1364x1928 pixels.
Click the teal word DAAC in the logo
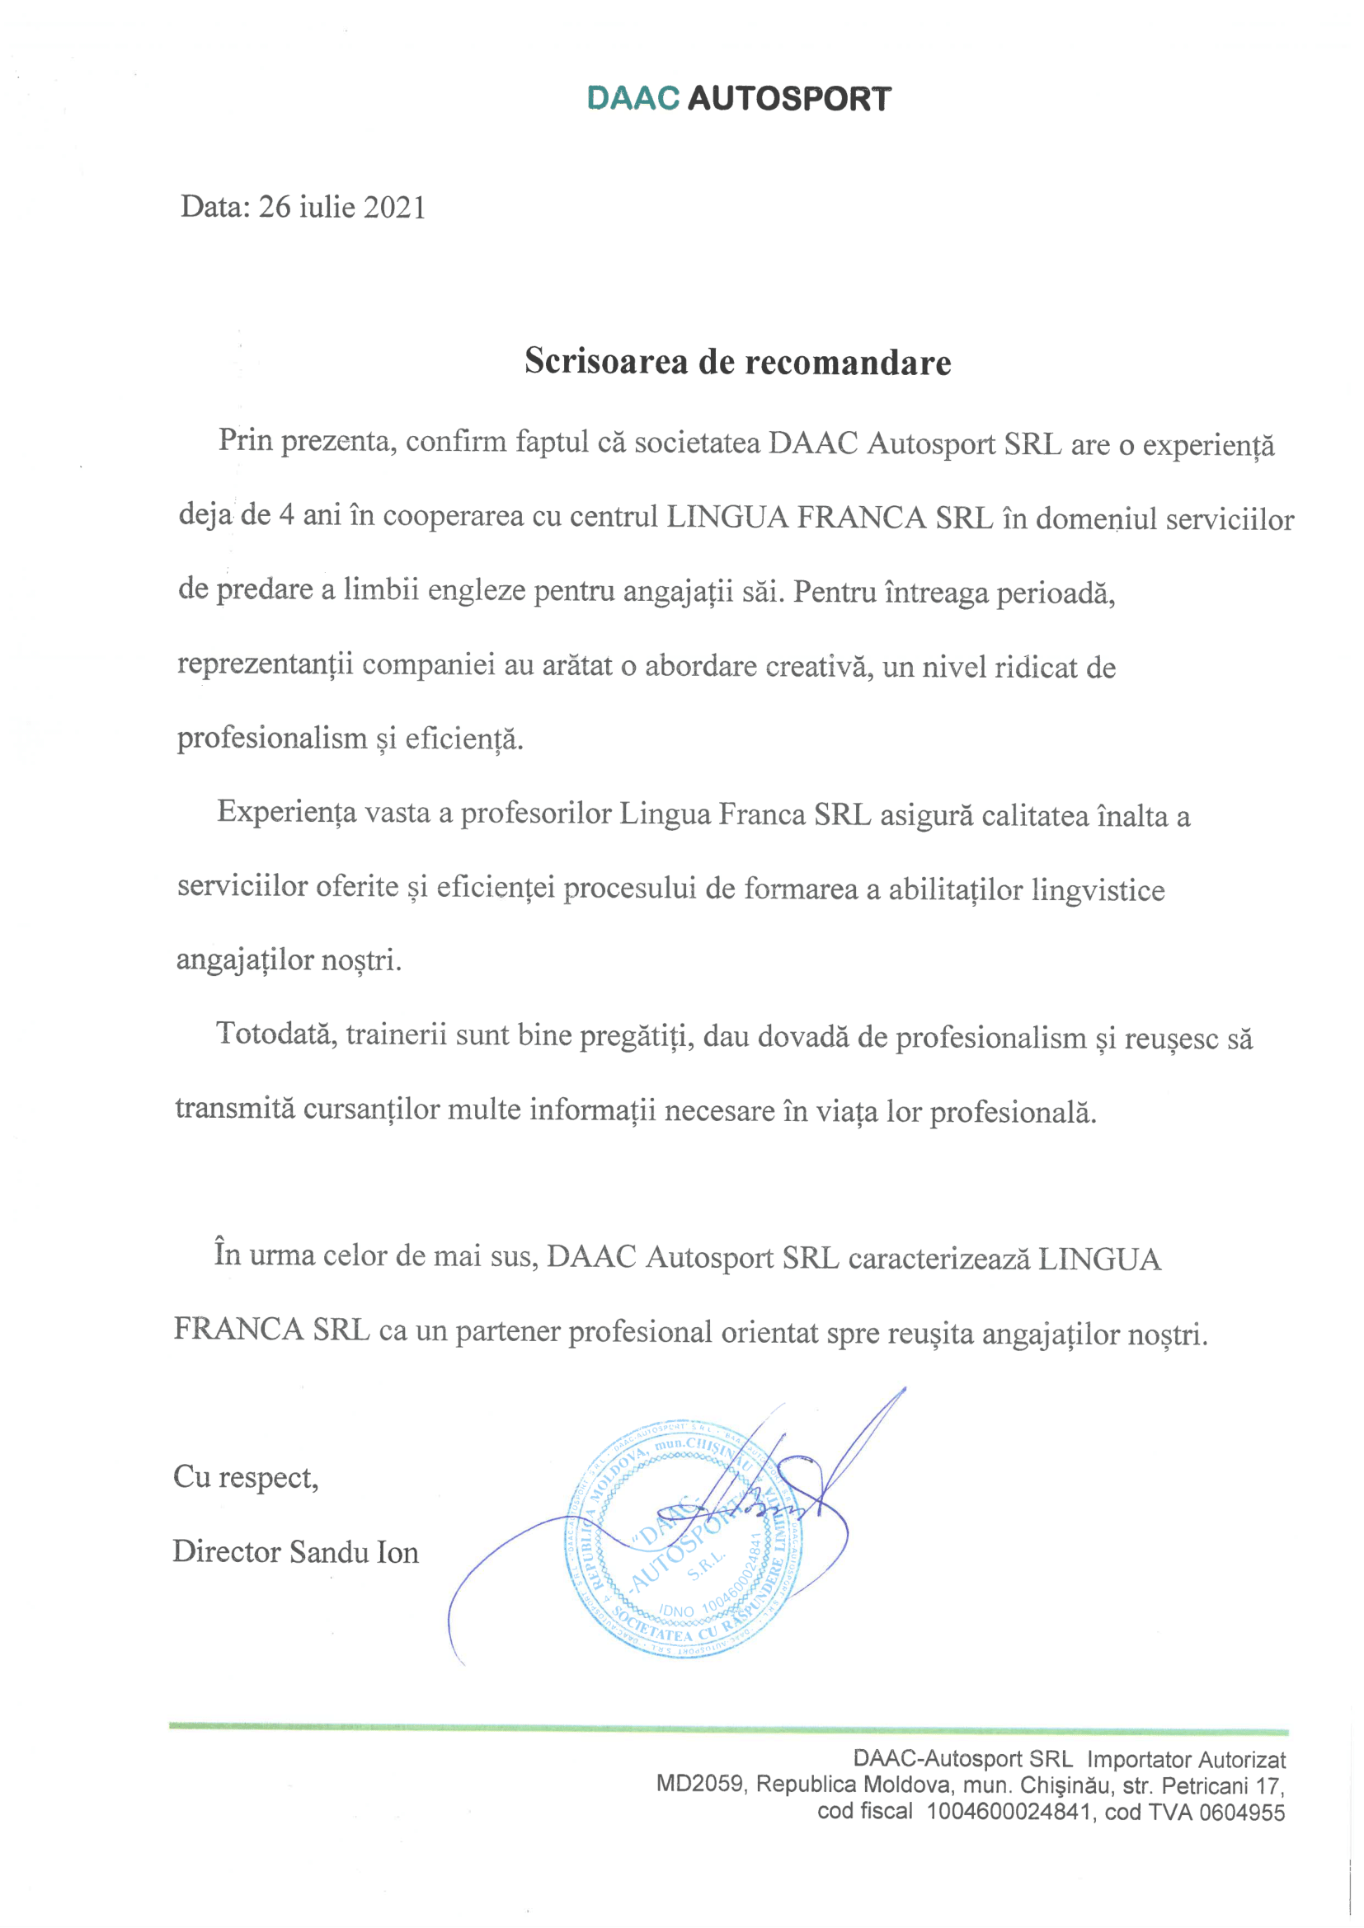tap(633, 98)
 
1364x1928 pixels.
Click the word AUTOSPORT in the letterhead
tap(788, 99)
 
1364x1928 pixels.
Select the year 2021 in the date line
tap(395, 208)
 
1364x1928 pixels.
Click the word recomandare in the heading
tap(849, 362)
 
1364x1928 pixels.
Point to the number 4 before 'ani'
tap(286, 514)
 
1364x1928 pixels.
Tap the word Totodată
tap(276, 1034)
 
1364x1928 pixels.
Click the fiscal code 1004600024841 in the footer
tap(1009, 1811)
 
